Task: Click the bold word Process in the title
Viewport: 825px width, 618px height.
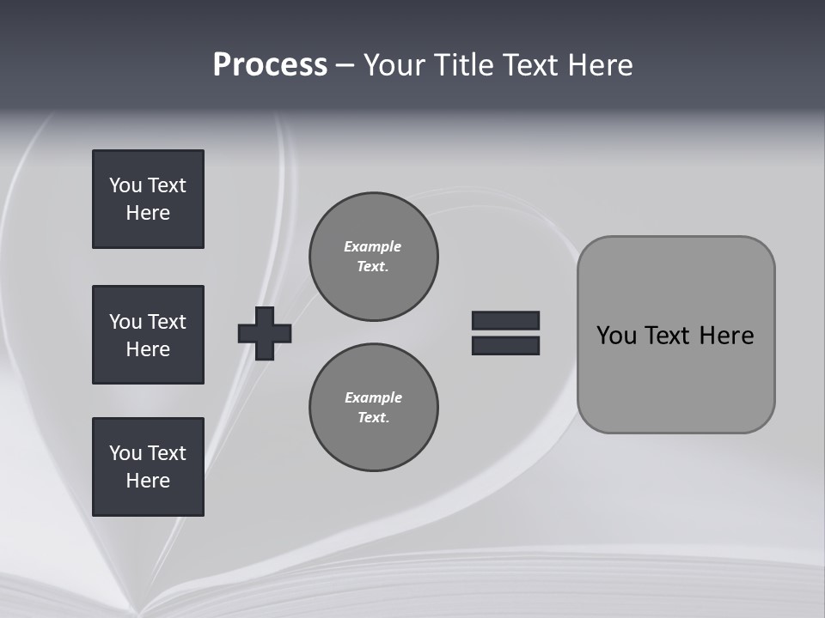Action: (x=270, y=65)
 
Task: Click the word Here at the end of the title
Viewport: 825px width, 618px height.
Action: (x=601, y=65)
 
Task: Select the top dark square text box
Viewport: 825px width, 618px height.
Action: (x=148, y=199)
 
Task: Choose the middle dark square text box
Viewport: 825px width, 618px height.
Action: (x=148, y=335)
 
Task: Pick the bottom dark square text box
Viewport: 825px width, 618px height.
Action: (x=148, y=467)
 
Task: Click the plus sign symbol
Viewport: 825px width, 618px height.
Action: (x=265, y=333)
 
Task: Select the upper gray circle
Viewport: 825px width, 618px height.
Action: (x=374, y=257)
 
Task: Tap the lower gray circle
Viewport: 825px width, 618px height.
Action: (x=374, y=408)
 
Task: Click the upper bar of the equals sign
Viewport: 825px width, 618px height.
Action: (x=505, y=320)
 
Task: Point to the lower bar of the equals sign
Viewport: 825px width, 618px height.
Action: (x=505, y=346)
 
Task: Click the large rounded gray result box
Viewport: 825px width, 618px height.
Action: (x=675, y=378)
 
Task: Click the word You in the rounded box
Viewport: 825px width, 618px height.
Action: (x=616, y=336)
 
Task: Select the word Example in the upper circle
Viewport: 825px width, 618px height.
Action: (x=372, y=246)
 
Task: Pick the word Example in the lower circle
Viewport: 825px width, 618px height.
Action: (x=373, y=397)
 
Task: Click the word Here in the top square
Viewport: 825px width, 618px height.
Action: (x=148, y=213)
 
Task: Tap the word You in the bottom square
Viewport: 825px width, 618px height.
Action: (x=125, y=453)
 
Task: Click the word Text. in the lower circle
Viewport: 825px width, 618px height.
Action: (x=373, y=418)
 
